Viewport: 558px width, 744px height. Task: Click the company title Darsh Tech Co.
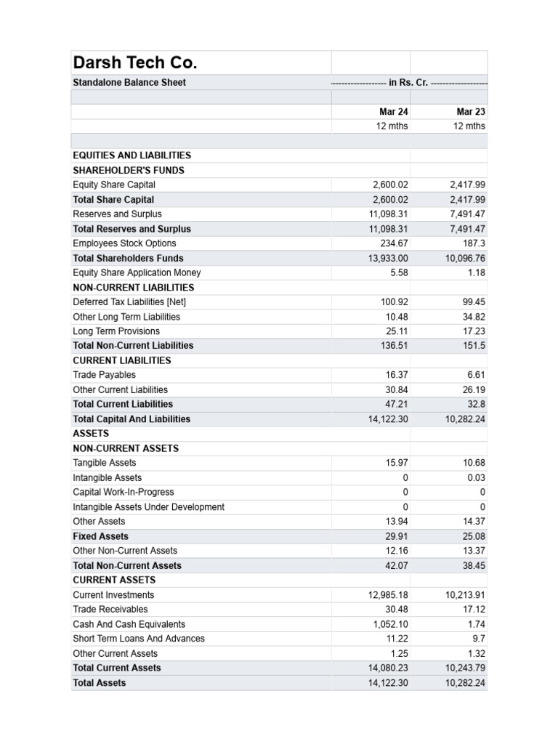[135, 62]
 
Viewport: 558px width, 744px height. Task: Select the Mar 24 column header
[393, 111]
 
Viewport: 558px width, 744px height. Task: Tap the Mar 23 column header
[470, 111]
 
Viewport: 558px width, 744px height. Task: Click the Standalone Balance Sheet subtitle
[129, 82]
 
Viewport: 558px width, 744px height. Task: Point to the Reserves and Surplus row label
[117, 214]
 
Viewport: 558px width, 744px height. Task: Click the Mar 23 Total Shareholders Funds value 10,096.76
[465, 258]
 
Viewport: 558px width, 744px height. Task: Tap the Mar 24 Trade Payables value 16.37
[397, 375]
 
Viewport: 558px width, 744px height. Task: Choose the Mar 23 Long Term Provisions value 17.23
[473, 331]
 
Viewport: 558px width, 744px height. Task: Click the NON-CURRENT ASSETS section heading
[126, 448]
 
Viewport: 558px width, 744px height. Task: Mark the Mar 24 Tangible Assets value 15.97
[397, 463]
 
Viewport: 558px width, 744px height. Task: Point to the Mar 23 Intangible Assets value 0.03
[476, 477]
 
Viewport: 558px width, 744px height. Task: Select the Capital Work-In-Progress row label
[124, 492]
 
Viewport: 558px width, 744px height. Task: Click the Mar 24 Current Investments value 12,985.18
[388, 594]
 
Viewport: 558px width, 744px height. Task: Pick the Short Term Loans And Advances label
[139, 639]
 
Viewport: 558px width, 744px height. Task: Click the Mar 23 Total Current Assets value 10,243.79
[465, 668]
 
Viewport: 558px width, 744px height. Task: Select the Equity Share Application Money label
[137, 272]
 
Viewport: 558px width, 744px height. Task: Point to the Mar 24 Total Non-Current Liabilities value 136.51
[395, 345]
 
